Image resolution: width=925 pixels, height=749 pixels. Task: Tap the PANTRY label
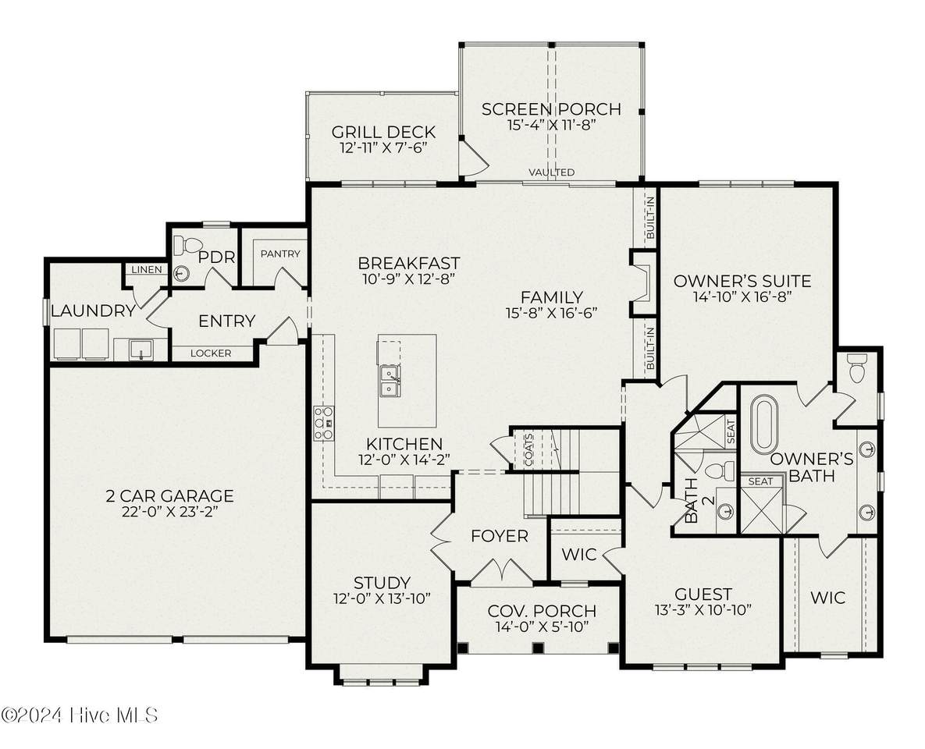click(280, 254)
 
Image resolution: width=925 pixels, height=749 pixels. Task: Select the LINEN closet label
click(146, 269)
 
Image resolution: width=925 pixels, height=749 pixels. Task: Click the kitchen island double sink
click(390, 381)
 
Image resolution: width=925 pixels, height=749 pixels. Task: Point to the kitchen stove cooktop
click(324, 423)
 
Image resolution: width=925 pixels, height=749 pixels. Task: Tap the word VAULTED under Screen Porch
click(552, 172)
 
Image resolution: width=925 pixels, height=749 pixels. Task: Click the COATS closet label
click(528, 449)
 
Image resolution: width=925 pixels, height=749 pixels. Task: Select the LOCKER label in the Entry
click(211, 353)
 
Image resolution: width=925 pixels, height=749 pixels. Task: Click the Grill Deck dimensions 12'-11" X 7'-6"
click(383, 147)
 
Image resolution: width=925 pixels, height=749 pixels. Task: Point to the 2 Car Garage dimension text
click(170, 511)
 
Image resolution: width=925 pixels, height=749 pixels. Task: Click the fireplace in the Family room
click(642, 282)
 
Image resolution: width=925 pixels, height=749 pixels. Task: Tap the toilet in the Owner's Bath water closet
click(856, 368)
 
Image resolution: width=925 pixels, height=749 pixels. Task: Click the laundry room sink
click(141, 350)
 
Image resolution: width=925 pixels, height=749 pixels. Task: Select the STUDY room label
click(382, 584)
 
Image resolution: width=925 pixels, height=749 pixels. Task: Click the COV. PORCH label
click(543, 611)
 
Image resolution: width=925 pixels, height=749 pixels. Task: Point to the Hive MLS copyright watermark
click(80, 715)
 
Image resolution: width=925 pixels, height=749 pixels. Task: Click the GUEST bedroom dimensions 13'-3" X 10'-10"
click(703, 610)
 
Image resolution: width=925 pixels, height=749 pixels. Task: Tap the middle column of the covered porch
click(537, 648)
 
